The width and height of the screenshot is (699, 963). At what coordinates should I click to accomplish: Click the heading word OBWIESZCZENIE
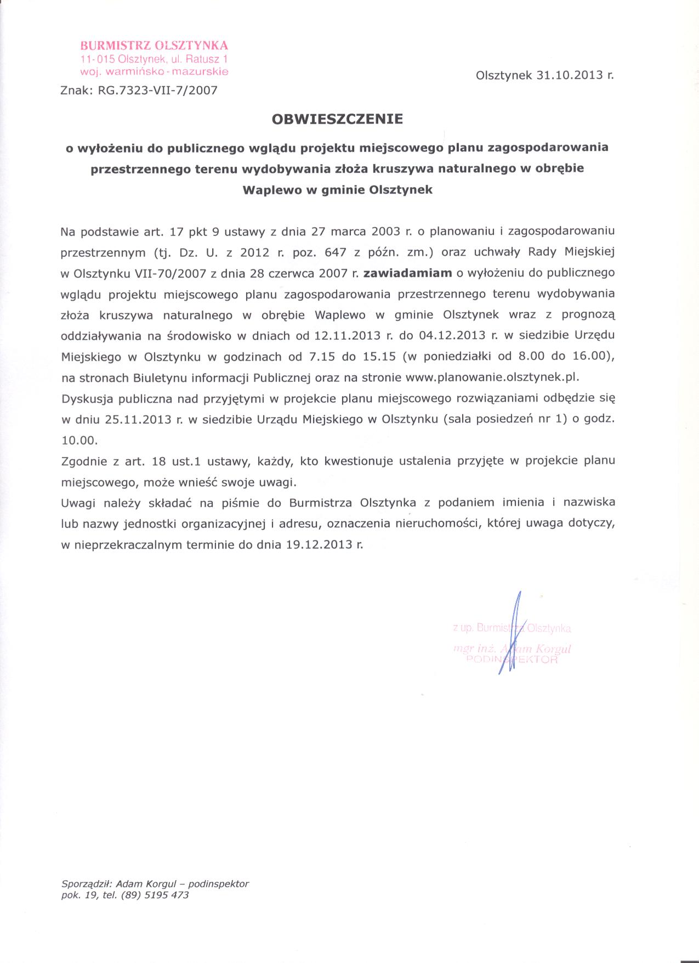(337, 119)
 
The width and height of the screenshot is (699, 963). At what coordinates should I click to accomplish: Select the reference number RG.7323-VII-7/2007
(157, 90)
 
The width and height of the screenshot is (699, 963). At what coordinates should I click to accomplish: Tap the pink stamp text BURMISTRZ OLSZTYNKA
(154, 46)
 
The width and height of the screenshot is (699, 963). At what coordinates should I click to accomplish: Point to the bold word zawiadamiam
(407, 273)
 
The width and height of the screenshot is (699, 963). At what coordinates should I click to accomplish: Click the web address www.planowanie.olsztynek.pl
(492, 378)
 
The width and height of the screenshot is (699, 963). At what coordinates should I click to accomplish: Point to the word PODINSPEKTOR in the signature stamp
(511, 660)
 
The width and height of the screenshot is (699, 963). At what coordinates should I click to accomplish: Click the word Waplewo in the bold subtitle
(269, 190)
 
